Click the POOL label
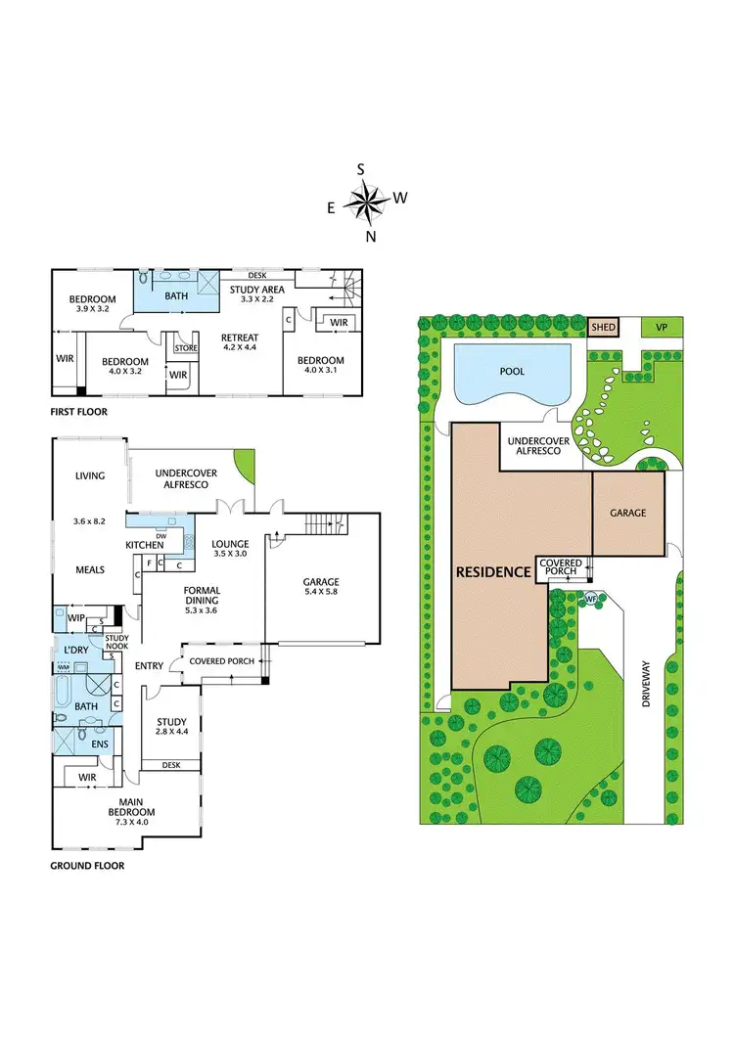click(x=513, y=372)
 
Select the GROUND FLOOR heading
click(x=87, y=866)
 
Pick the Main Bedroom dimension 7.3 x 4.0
click(x=131, y=824)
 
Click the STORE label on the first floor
click(x=185, y=347)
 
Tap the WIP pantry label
click(x=76, y=618)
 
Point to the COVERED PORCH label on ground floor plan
click(x=221, y=661)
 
